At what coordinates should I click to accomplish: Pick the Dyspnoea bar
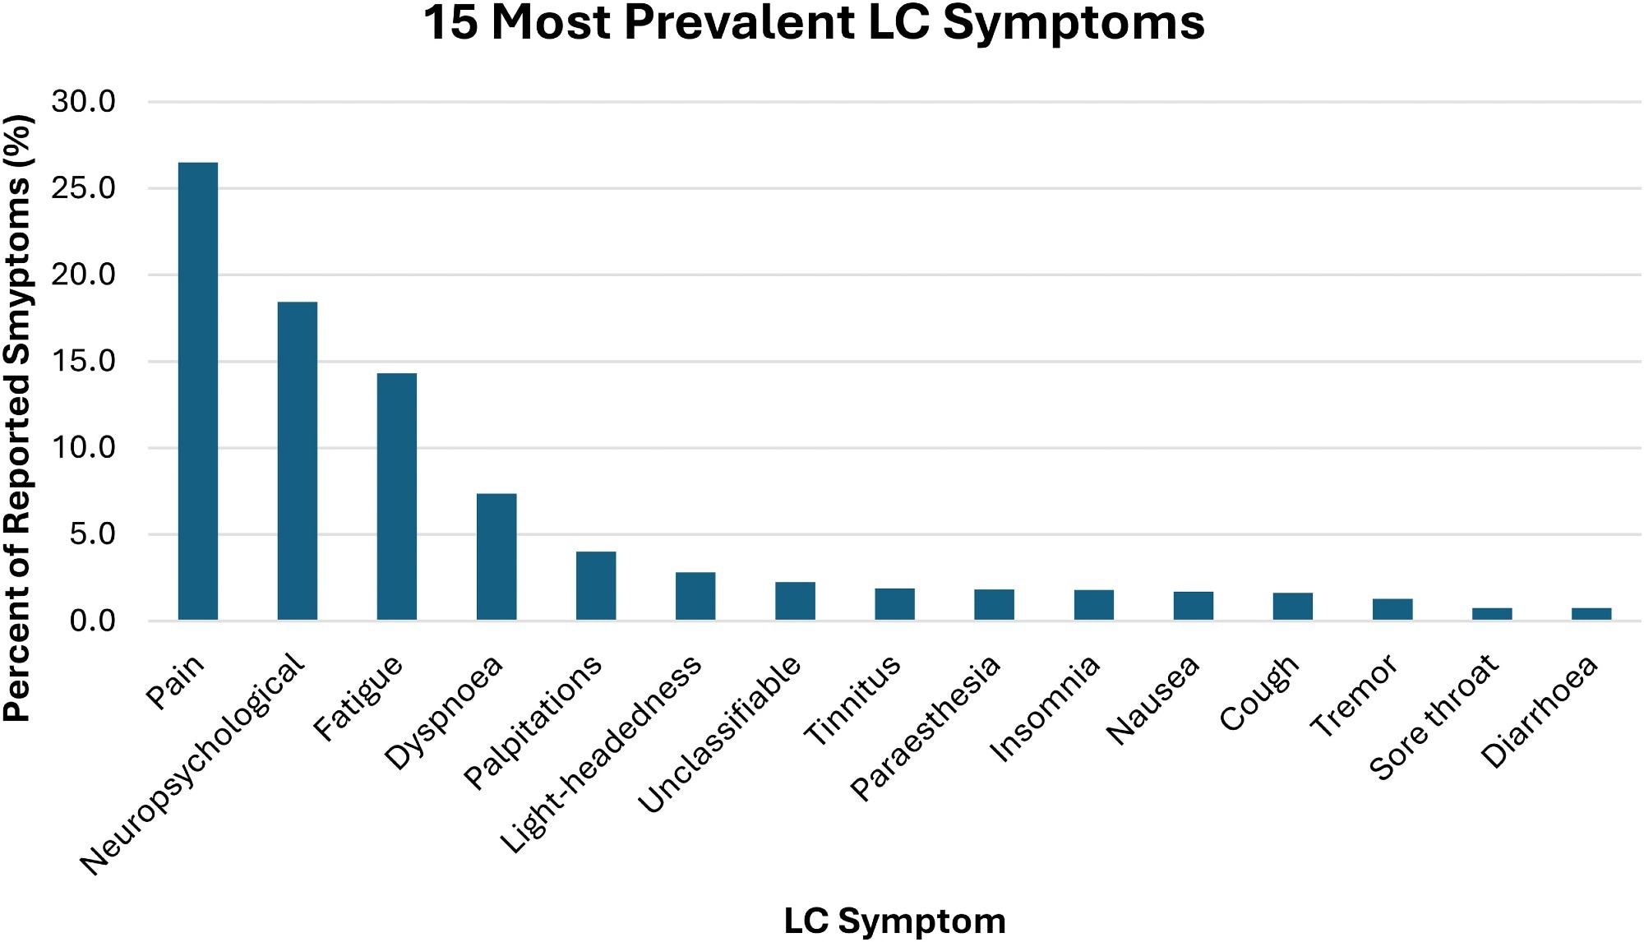click(x=496, y=556)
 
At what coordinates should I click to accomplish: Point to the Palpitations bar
click(x=596, y=585)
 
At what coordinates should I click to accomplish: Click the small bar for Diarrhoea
click(x=1591, y=613)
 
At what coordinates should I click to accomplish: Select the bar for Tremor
click(x=1392, y=609)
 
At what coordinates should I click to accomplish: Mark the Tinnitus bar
click(x=894, y=603)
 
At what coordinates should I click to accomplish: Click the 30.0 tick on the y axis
click(x=83, y=102)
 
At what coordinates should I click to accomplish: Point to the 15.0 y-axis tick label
click(x=83, y=361)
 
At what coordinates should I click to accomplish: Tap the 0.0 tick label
click(x=92, y=621)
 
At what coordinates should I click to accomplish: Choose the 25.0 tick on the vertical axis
click(x=83, y=188)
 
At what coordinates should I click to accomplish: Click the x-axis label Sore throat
click(x=1434, y=717)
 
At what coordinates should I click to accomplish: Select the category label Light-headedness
click(x=602, y=754)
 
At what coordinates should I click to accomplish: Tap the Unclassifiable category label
click(x=719, y=733)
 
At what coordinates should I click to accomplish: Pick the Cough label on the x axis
click(x=1258, y=692)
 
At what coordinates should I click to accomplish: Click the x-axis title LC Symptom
click(x=894, y=921)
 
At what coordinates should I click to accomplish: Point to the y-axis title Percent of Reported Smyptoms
click(x=18, y=419)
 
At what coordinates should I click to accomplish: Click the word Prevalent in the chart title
click(x=741, y=23)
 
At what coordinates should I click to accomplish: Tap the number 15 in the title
click(x=450, y=23)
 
